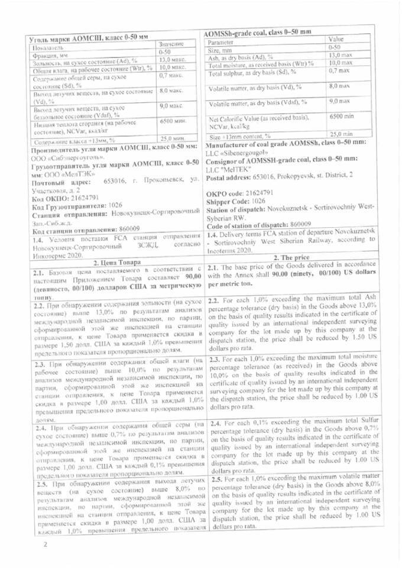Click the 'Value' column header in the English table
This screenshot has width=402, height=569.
[x=338, y=38]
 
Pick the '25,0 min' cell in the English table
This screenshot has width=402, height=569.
[x=341, y=134]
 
